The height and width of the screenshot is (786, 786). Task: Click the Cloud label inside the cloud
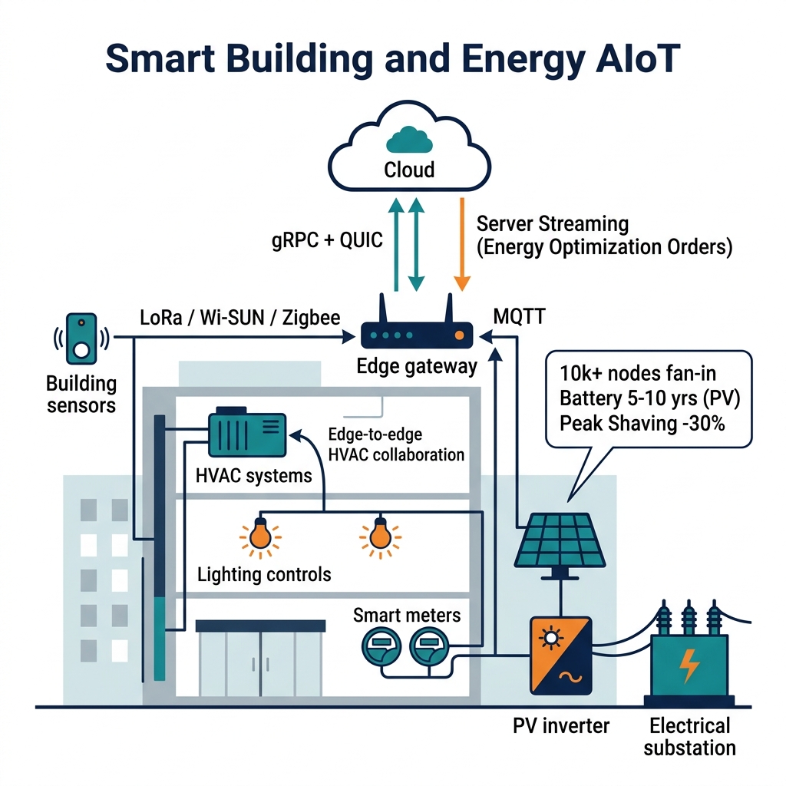pyautogui.click(x=409, y=170)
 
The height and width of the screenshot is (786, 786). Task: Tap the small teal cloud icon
pyautogui.click(x=409, y=140)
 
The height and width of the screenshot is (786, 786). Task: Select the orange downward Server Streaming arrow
pyautogui.click(x=461, y=244)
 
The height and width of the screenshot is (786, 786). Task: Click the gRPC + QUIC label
pyautogui.click(x=327, y=240)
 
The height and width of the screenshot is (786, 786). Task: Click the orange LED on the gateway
pyautogui.click(x=459, y=335)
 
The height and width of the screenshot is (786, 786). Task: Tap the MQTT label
pyautogui.click(x=520, y=317)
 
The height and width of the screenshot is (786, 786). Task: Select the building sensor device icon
pyautogui.click(x=81, y=339)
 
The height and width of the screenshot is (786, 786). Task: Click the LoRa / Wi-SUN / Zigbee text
pyautogui.click(x=240, y=318)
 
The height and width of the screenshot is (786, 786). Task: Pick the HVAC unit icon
pyautogui.click(x=246, y=432)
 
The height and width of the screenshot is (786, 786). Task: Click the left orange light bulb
pyautogui.click(x=260, y=536)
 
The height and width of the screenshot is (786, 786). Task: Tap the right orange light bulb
pyautogui.click(x=380, y=536)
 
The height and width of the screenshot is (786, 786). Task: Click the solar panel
pyautogui.click(x=560, y=540)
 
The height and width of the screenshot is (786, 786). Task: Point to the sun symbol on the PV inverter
pyautogui.click(x=551, y=638)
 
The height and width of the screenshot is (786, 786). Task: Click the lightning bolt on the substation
pyautogui.click(x=689, y=666)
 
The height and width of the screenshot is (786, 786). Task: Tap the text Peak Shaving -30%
pyautogui.click(x=642, y=424)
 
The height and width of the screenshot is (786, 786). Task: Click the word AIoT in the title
pyautogui.click(x=639, y=59)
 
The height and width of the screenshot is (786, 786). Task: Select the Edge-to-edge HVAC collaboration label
pyautogui.click(x=396, y=444)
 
